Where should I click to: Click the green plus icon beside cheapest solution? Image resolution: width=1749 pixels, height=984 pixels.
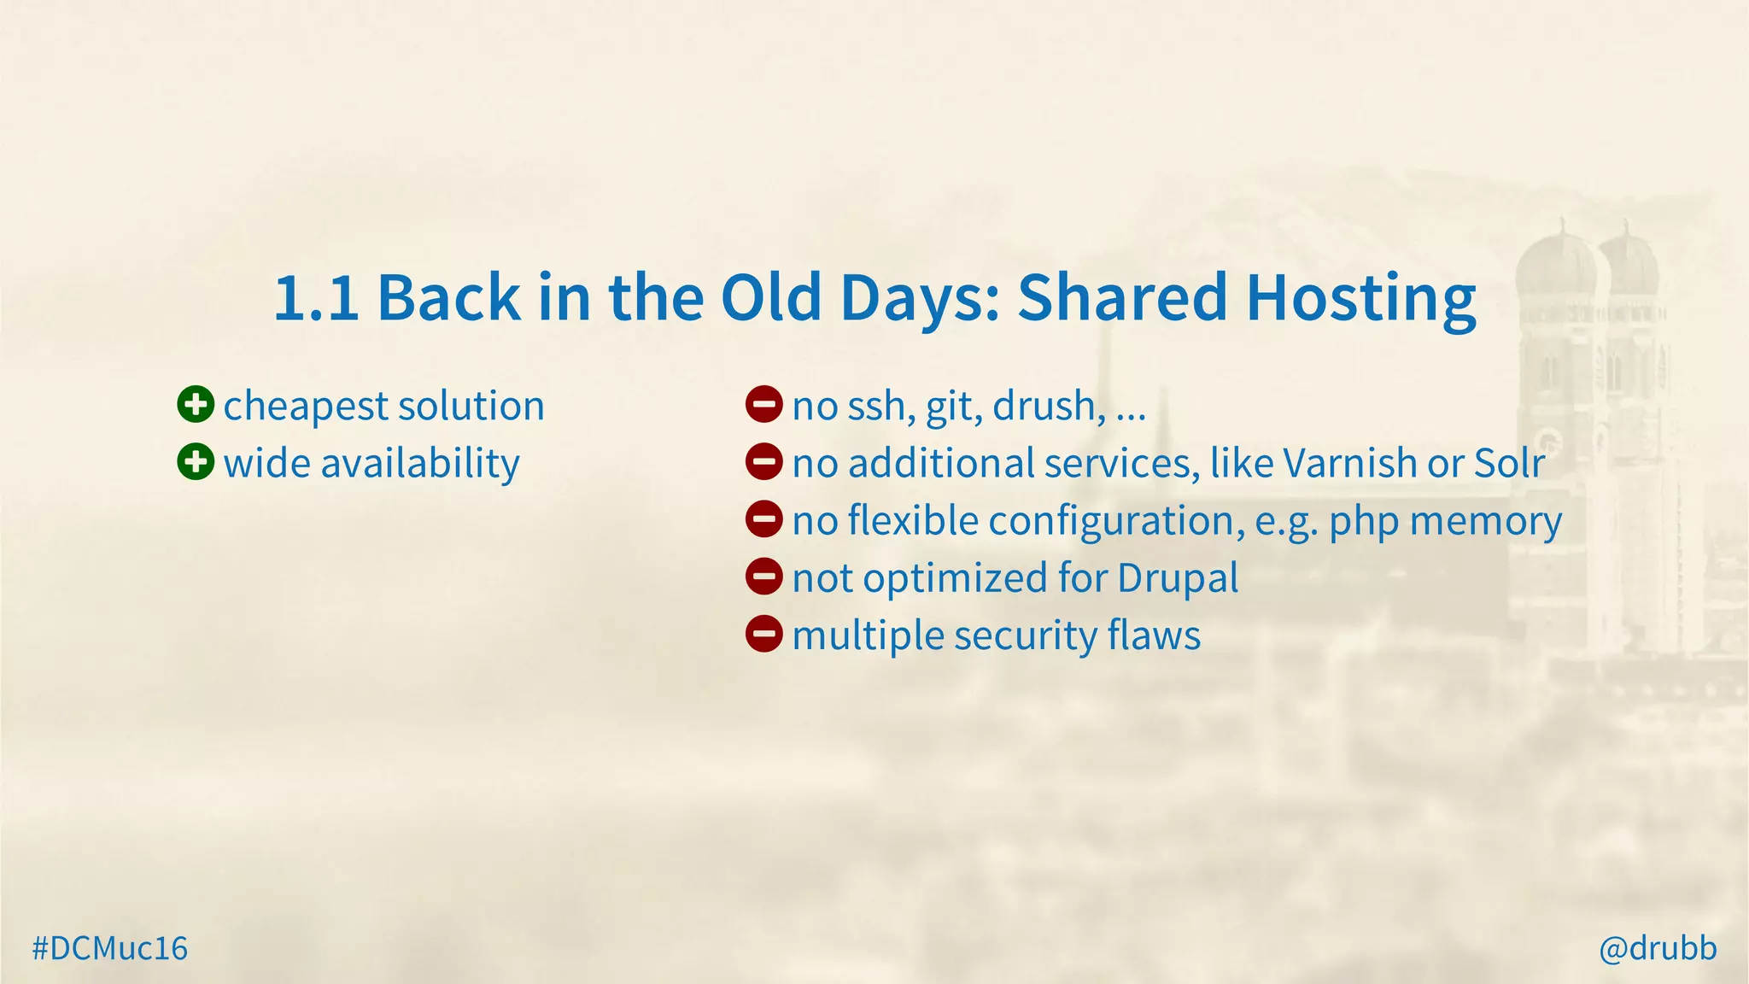coord(196,405)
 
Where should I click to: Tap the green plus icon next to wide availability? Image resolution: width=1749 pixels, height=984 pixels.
coord(196,462)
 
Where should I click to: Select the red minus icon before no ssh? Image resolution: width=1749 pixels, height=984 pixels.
coord(763,405)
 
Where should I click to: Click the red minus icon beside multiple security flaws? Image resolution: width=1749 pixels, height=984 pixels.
coord(763,635)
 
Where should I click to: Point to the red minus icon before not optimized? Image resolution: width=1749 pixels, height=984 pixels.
coord(763,577)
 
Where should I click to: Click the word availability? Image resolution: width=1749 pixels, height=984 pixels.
coord(419,464)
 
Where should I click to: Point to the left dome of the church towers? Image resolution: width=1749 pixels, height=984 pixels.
coord(1554,265)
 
